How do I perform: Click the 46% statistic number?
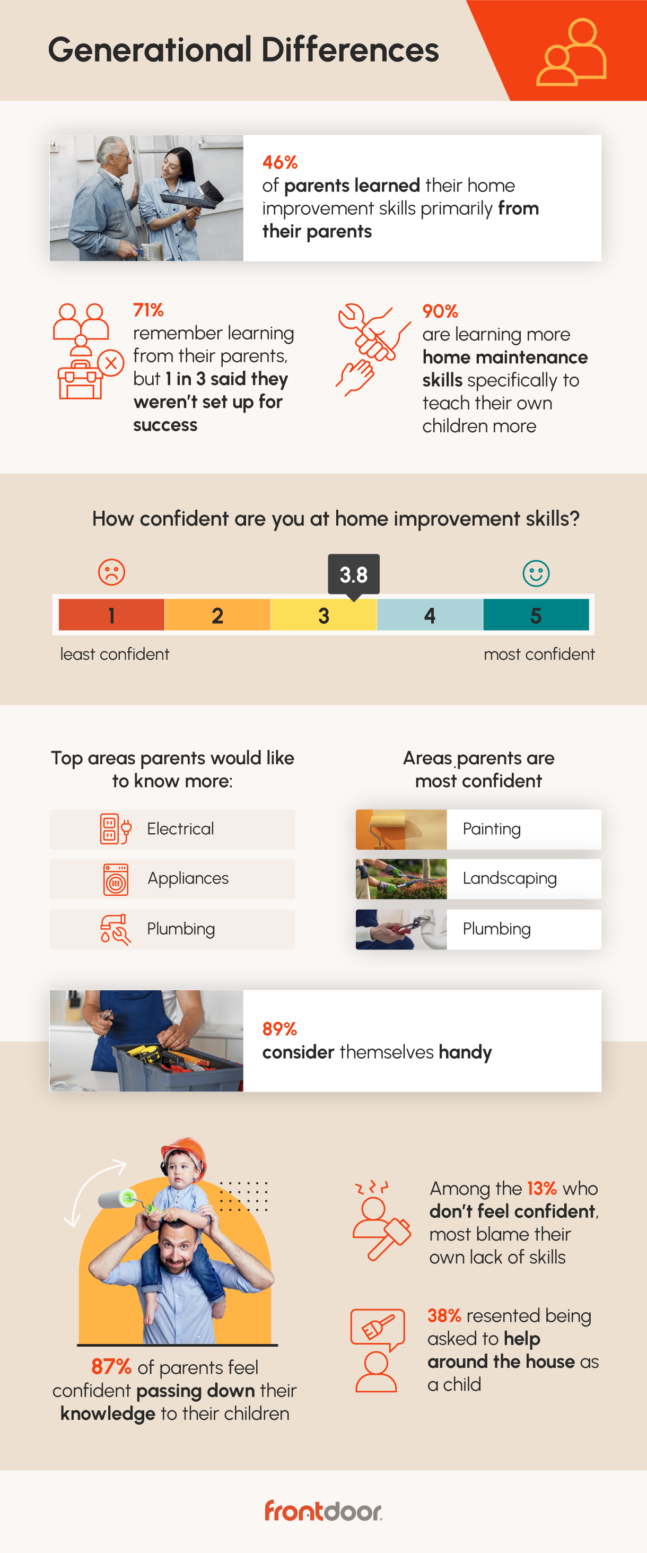280,162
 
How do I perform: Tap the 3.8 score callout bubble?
353,574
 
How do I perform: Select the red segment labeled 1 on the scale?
111,615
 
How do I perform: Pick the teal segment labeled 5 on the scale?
536,615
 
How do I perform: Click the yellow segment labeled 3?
324,615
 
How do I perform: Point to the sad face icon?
111,572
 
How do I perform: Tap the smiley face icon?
536,573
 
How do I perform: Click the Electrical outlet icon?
115,829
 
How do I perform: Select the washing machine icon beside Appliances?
116,879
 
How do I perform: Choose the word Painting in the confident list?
492,829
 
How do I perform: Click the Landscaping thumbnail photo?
401,879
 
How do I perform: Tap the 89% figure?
280,1028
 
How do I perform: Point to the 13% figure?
541,1188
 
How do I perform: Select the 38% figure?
444,1315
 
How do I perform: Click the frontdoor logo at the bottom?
323,1511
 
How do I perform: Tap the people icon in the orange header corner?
571,52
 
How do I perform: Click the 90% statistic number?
440,311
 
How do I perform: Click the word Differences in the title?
349,49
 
